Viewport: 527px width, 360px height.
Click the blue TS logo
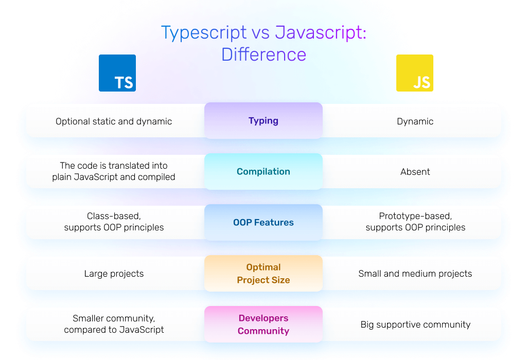coord(117,73)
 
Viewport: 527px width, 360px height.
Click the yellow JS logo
coord(414,73)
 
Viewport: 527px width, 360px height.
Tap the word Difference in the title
coord(263,55)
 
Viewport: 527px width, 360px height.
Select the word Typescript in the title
coord(204,32)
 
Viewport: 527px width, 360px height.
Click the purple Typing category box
coord(263,121)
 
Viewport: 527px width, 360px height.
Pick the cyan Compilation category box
coord(263,172)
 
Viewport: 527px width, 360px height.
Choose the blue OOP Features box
coord(263,223)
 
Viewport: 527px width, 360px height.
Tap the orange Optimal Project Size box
coord(263,274)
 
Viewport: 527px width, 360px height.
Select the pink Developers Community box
coord(263,325)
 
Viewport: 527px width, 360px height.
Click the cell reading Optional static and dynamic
coord(114,121)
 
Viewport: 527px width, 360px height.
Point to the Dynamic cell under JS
coord(415,121)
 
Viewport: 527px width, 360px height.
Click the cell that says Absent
coord(415,172)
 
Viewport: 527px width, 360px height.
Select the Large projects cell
coord(114,274)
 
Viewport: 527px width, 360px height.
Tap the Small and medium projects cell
coord(415,274)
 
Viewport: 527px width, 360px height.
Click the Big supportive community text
coord(415,325)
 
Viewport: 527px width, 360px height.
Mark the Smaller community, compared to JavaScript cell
coord(114,325)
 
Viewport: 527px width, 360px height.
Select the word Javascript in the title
coord(320,32)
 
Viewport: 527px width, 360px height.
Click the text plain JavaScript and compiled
coord(114,177)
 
